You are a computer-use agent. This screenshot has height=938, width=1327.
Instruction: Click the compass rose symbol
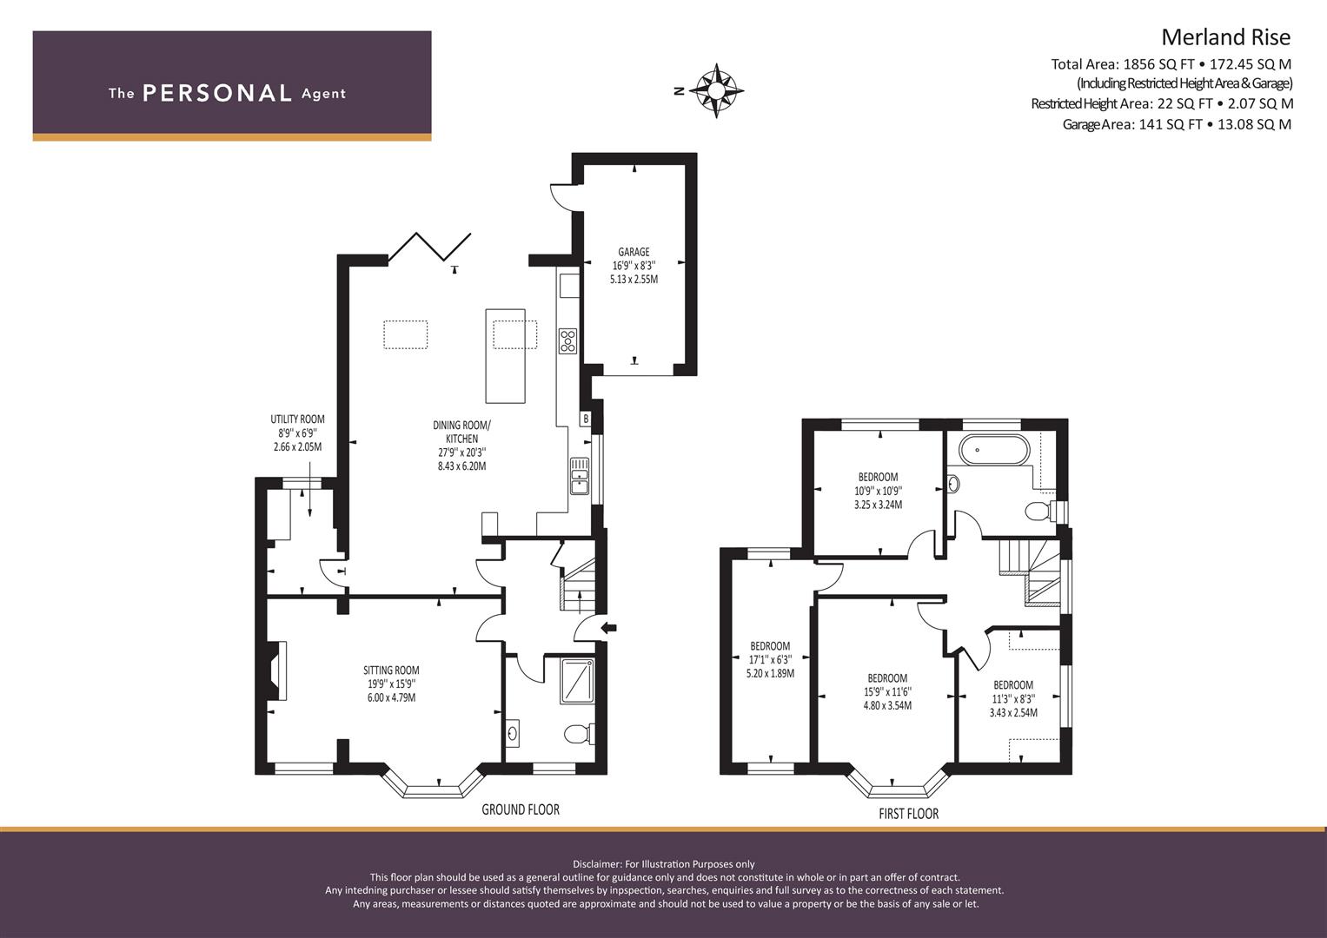click(x=715, y=91)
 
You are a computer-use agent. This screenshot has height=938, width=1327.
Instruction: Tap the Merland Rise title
click(x=1225, y=36)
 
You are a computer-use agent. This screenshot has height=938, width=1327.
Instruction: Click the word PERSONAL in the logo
click(x=217, y=93)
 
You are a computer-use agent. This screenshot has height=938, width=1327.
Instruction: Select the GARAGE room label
click(x=634, y=252)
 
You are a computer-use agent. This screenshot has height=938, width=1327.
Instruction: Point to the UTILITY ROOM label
click(x=297, y=419)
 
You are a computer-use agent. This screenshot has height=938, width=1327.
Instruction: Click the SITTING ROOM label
click(x=391, y=670)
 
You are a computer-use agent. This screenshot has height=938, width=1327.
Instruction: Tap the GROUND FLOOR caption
click(x=521, y=809)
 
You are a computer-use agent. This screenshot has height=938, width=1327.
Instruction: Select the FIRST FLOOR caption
click(x=909, y=815)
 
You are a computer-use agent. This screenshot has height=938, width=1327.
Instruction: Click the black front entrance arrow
click(x=609, y=628)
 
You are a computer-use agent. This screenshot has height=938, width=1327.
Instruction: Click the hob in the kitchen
click(x=567, y=341)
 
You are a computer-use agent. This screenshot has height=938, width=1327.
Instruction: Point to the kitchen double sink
click(x=580, y=476)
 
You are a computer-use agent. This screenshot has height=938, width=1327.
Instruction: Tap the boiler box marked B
click(x=586, y=419)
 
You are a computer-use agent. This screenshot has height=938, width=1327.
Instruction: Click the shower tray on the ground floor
click(x=577, y=682)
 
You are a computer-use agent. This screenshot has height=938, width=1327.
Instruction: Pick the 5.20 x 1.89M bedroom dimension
click(x=770, y=673)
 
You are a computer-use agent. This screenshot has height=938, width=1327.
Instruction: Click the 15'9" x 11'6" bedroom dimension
click(x=887, y=691)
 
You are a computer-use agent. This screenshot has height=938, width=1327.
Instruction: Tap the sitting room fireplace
click(x=277, y=670)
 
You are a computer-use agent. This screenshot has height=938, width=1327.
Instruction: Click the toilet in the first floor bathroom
click(x=1045, y=511)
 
